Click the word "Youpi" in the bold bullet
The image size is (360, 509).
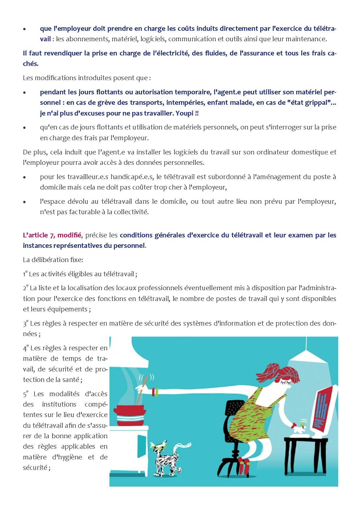185,113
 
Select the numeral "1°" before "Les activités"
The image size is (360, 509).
25,274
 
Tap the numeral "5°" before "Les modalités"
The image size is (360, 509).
26,394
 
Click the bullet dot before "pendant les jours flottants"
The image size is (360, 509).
25,93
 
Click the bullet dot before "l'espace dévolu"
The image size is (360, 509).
25,202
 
